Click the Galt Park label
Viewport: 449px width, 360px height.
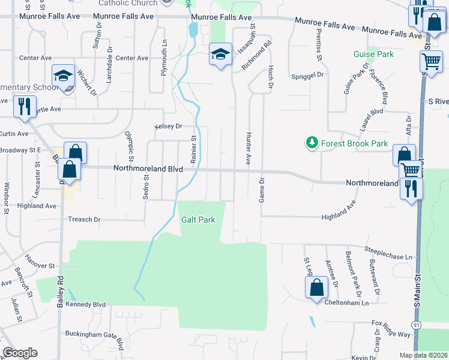point(198,220)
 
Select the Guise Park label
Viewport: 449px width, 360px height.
point(373,55)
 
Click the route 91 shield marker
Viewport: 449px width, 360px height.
point(416,325)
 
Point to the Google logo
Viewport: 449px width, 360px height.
point(20,353)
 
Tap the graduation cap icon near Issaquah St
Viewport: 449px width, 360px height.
point(220,55)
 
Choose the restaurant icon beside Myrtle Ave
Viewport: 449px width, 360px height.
point(24,107)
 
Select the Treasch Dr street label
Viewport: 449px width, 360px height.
point(85,220)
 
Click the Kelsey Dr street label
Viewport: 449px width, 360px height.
point(168,127)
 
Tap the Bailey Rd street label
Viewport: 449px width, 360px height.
point(60,292)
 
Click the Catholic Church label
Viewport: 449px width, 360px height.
point(128,3)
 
